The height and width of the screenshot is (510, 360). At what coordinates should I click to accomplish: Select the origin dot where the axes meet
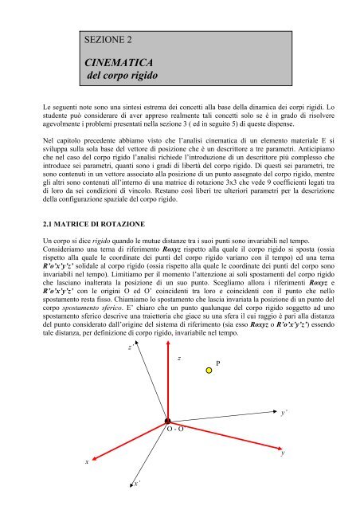[168, 422]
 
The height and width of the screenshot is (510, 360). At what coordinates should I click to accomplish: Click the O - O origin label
[176, 430]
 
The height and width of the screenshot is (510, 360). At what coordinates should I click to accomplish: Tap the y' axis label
[286, 414]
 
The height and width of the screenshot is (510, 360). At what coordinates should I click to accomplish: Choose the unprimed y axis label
[284, 453]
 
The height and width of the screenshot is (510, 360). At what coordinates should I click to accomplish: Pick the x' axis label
[138, 483]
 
